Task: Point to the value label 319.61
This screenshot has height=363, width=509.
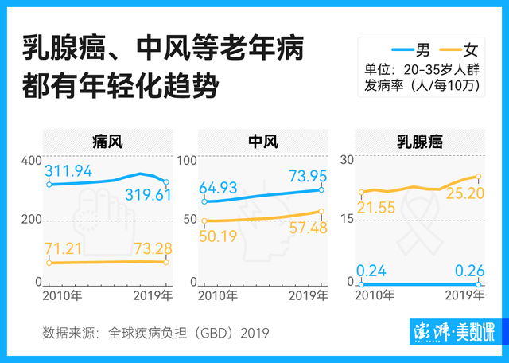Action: coord(144,195)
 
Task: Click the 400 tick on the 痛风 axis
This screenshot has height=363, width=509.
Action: coord(31,160)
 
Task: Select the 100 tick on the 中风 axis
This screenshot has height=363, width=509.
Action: coord(186,160)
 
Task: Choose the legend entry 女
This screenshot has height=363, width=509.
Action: coord(474,48)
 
